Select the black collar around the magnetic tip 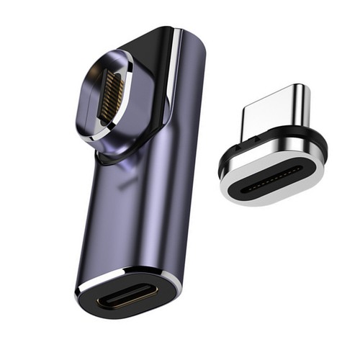(317, 144)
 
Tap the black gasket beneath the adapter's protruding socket (108, 160)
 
